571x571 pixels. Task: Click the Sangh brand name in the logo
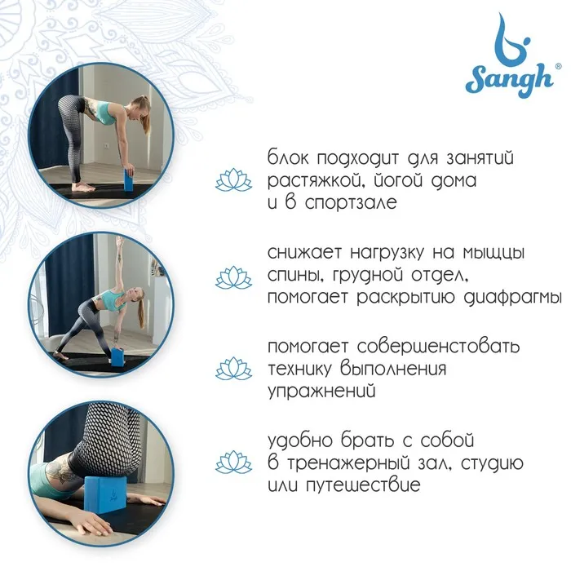point(509,82)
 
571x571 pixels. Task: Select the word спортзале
point(351,203)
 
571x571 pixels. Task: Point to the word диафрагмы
point(512,297)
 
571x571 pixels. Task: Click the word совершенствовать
point(438,346)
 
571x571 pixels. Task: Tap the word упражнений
point(321,392)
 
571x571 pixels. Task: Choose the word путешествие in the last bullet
point(363,485)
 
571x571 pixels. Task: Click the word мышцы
point(494,253)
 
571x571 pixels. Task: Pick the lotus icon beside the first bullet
point(233,180)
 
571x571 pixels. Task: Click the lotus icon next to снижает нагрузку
point(233,277)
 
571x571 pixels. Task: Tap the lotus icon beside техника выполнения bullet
point(233,369)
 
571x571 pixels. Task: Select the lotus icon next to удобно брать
point(233,463)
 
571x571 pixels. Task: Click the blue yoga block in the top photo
point(129,179)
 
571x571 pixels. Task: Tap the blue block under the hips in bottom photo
point(105,494)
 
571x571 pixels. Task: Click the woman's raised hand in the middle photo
point(118,241)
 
